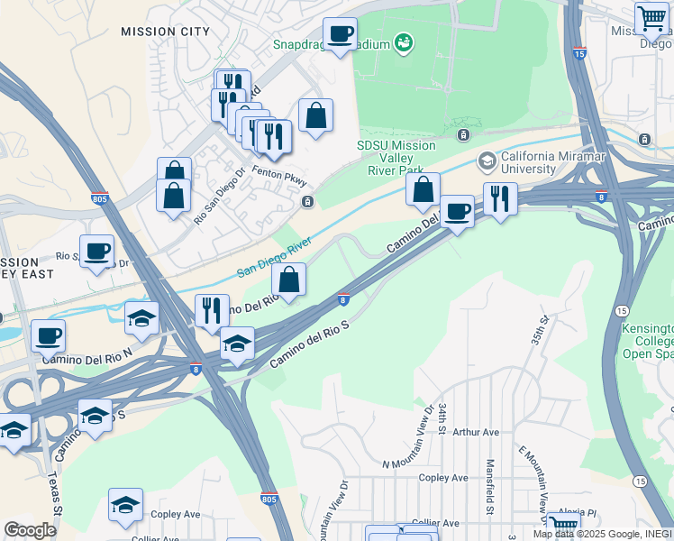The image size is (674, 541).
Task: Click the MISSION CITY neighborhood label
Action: [x=165, y=32]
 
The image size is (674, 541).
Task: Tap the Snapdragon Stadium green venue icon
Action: [x=404, y=41]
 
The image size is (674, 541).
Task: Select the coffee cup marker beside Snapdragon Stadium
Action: [x=340, y=35]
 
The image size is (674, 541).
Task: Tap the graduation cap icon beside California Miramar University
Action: [x=487, y=161]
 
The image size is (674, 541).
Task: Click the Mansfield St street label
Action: [x=489, y=488]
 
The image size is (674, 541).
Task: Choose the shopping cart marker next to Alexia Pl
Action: [x=564, y=525]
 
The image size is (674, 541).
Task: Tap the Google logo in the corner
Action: [x=30, y=530]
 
